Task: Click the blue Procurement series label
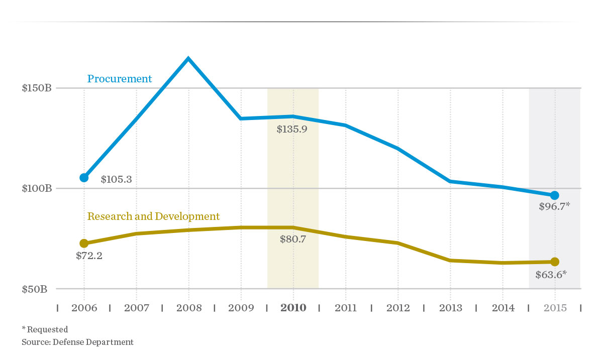tap(120, 79)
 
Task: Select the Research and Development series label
tap(153, 216)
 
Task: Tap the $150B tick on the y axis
tap(37, 88)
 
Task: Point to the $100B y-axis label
tap(37, 189)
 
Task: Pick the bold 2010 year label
tap(293, 308)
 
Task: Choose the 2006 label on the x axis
tap(84, 308)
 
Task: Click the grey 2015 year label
tap(554, 308)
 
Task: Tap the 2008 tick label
tap(188, 308)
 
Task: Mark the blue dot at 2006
tap(84, 177)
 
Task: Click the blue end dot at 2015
tap(555, 195)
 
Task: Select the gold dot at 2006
tap(84, 244)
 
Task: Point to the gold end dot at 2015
tap(555, 262)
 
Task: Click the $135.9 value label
tap(292, 129)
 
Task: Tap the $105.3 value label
tap(116, 179)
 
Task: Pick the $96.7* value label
tap(554, 206)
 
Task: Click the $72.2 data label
tap(89, 256)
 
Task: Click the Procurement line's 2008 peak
tap(188, 59)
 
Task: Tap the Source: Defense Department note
tap(77, 342)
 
